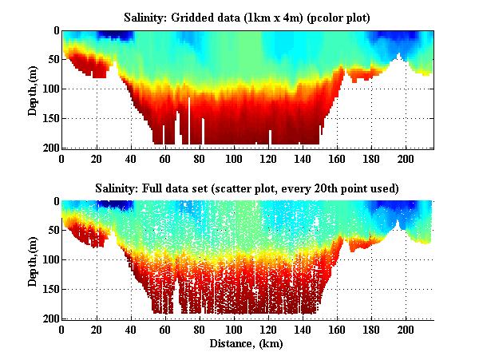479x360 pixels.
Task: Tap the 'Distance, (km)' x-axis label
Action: [x=247, y=344]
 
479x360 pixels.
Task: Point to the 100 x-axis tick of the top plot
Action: [x=234, y=158]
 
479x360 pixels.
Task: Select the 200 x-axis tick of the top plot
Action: [x=406, y=158]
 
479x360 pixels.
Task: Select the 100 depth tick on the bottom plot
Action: [x=50, y=259]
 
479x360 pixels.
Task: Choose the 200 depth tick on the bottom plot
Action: [x=50, y=318]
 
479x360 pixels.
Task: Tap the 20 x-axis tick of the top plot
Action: [x=97, y=158]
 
